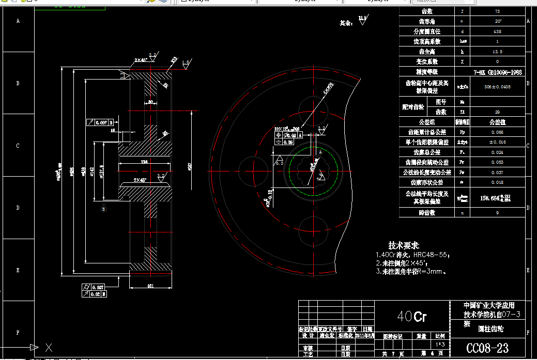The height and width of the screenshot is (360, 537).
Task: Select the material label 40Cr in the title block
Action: coord(412,316)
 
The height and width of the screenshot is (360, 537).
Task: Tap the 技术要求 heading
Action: coord(404,245)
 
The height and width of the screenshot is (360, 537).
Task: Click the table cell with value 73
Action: coord(497,11)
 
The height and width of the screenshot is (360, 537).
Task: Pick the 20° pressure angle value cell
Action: coord(497,21)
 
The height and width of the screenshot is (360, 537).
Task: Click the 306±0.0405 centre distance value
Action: coord(497,87)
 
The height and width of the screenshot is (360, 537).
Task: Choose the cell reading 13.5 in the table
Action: coord(497,52)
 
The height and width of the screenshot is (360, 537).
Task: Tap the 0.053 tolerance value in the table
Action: coord(497,162)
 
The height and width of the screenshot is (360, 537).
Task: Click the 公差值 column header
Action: coord(497,122)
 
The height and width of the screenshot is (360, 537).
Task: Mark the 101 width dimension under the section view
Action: coord(150,286)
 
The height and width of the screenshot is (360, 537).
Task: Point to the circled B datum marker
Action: coord(103,209)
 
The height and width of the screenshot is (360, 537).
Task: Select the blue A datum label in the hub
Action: coord(320,153)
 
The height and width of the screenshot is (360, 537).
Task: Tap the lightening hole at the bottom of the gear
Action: coord(313,228)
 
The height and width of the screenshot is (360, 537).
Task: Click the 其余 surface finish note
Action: coord(346,23)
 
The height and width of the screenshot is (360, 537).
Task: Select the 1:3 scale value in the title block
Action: coord(440,344)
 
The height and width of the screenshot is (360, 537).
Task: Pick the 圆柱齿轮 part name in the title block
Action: coord(490,328)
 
